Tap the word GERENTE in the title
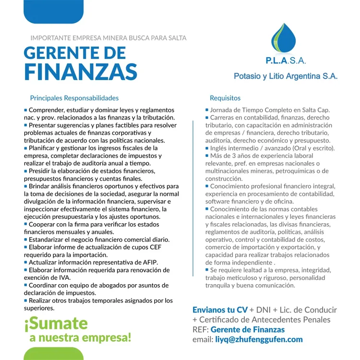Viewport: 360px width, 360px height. pos(61,52)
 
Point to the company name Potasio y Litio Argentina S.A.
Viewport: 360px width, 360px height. pos(285,76)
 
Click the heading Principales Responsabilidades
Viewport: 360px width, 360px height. pos(74,98)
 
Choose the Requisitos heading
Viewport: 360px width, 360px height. pos(225,98)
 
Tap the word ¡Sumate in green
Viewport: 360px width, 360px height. pos(56,322)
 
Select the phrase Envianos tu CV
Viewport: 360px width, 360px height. pos(220,310)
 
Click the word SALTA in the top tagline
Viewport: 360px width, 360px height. pos(175,37)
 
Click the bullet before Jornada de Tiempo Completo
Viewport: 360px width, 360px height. pos(207,110)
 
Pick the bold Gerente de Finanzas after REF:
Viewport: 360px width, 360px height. pos(248,330)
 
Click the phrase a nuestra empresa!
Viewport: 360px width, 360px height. pos(80,337)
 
